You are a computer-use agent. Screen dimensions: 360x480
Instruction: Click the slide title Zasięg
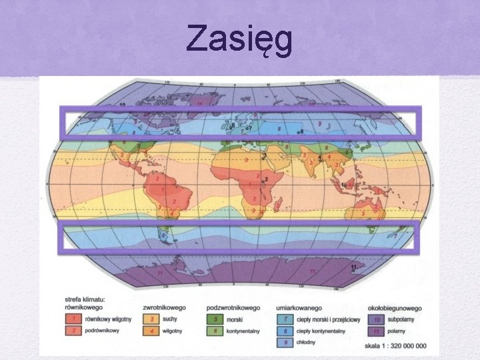tap(239, 38)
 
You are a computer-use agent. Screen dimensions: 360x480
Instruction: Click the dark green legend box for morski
tap(217, 319)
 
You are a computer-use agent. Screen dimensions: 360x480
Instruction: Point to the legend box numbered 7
tap(285, 319)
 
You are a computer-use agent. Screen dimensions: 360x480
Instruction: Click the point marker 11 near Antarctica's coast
tap(355, 268)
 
